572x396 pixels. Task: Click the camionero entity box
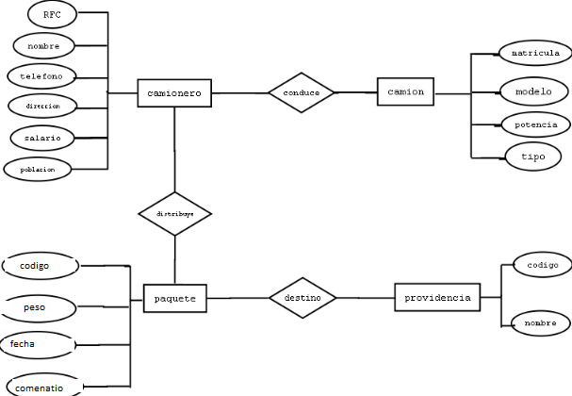click(174, 93)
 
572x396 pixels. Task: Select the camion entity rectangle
click(406, 92)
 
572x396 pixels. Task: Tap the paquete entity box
click(174, 298)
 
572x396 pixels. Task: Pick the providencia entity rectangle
click(437, 297)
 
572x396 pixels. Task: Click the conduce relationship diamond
click(302, 93)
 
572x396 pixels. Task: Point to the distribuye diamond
click(174, 214)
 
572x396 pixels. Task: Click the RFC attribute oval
click(52, 15)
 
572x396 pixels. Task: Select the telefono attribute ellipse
click(41, 74)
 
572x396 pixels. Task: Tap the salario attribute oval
click(42, 138)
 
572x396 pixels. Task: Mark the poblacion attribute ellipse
click(38, 170)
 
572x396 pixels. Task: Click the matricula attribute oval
click(533, 53)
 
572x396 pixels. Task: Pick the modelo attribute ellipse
click(533, 91)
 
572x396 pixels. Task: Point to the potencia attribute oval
click(534, 124)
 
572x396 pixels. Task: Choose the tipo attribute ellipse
click(533, 156)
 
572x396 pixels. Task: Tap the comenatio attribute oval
click(42, 386)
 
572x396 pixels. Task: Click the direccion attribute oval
click(41, 107)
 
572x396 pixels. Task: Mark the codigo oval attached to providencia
click(541, 266)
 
